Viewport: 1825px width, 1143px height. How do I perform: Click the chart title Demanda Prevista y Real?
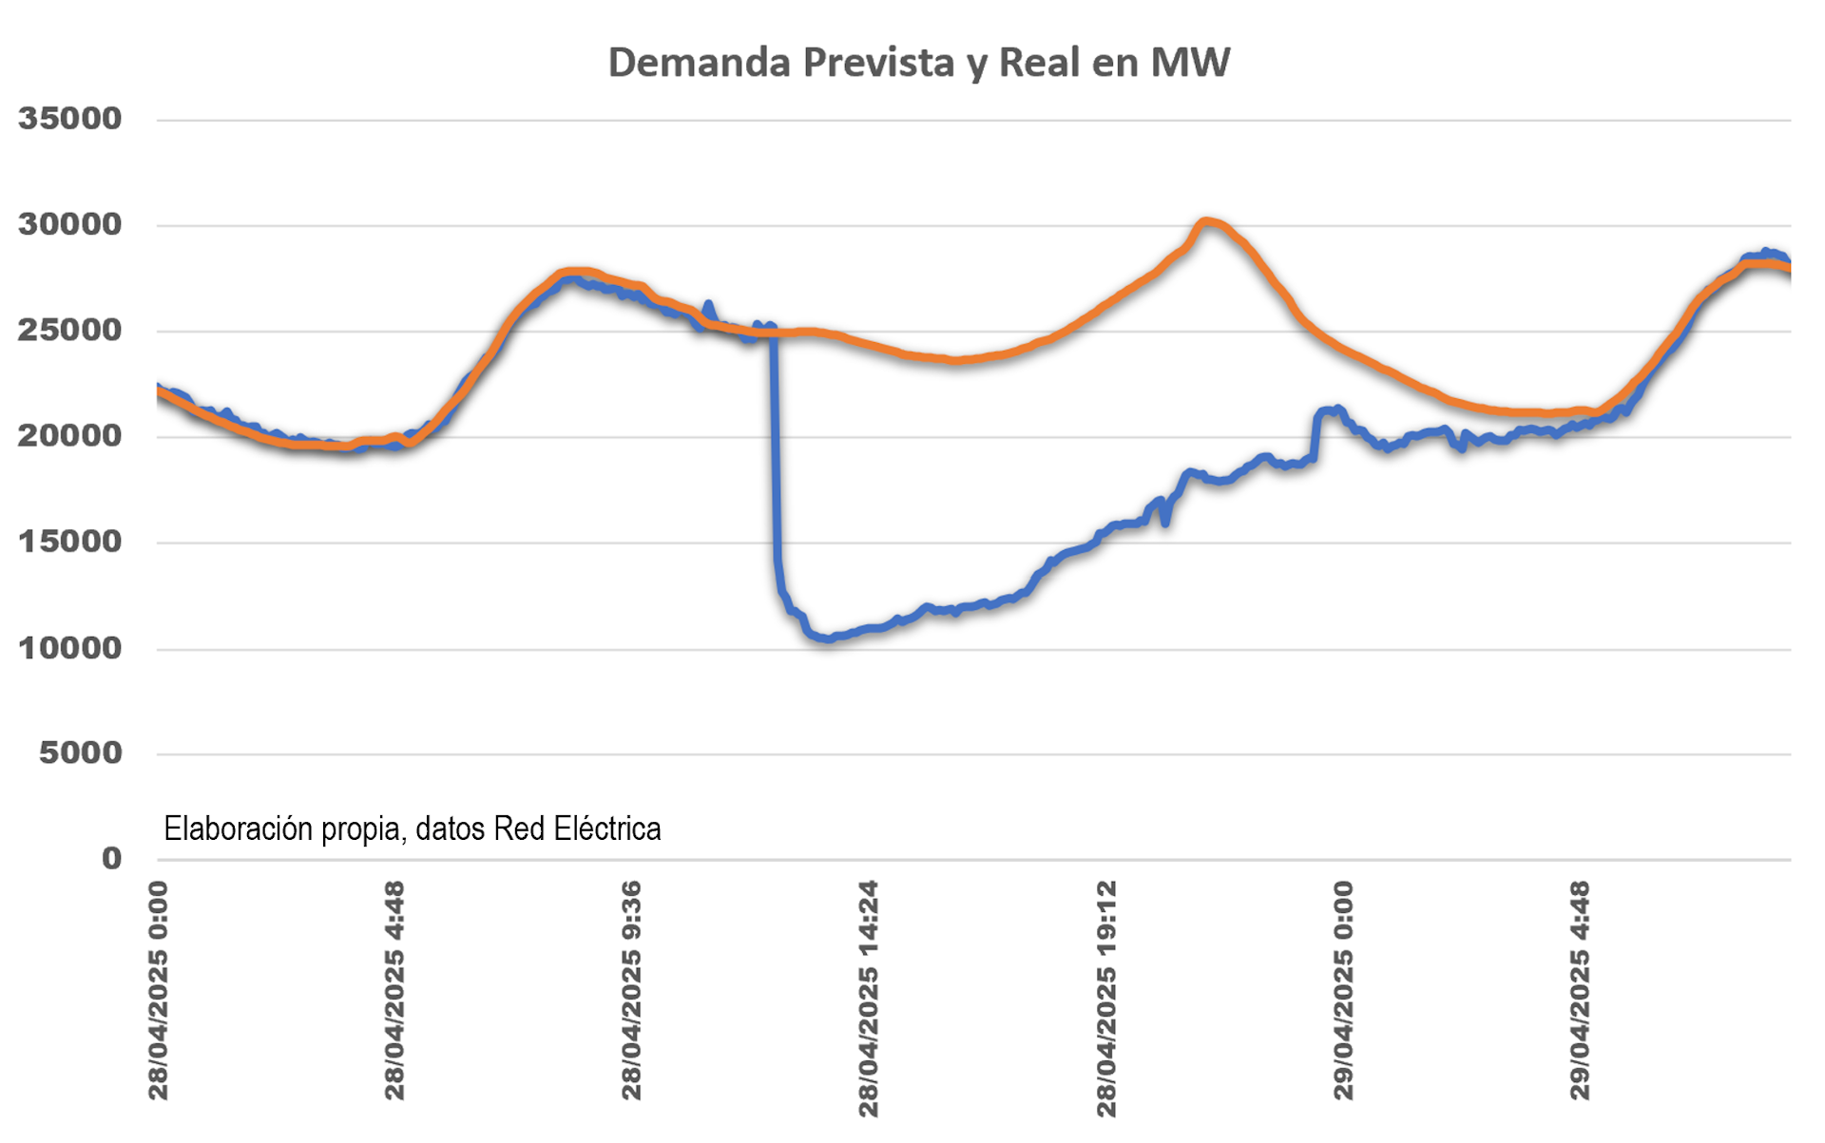point(918,63)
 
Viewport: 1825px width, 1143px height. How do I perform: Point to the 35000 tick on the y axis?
point(70,120)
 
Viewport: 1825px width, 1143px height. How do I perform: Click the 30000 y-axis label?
point(70,225)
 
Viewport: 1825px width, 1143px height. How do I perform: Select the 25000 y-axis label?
point(70,331)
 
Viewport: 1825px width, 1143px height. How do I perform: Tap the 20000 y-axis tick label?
point(70,436)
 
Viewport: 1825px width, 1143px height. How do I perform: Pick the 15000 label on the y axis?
point(70,543)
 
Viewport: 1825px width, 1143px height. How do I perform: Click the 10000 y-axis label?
point(70,649)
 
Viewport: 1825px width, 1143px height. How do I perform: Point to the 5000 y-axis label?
point(81,753)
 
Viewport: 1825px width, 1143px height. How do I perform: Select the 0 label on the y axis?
point(112,859)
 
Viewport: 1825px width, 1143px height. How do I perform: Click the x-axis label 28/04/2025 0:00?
point(158,991)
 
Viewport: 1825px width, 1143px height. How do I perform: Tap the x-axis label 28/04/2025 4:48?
point(394,991)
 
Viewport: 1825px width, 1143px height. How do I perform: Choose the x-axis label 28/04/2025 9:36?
point(631,991)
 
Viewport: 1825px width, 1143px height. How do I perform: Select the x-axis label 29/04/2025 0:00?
point(1343,991)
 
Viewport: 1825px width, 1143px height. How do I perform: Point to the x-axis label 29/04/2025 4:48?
point(1580,991)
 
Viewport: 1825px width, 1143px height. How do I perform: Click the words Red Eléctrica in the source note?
point(577,829)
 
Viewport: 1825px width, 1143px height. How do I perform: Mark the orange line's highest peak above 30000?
point(1205,222)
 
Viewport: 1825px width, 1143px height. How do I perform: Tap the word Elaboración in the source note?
point(238,829)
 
